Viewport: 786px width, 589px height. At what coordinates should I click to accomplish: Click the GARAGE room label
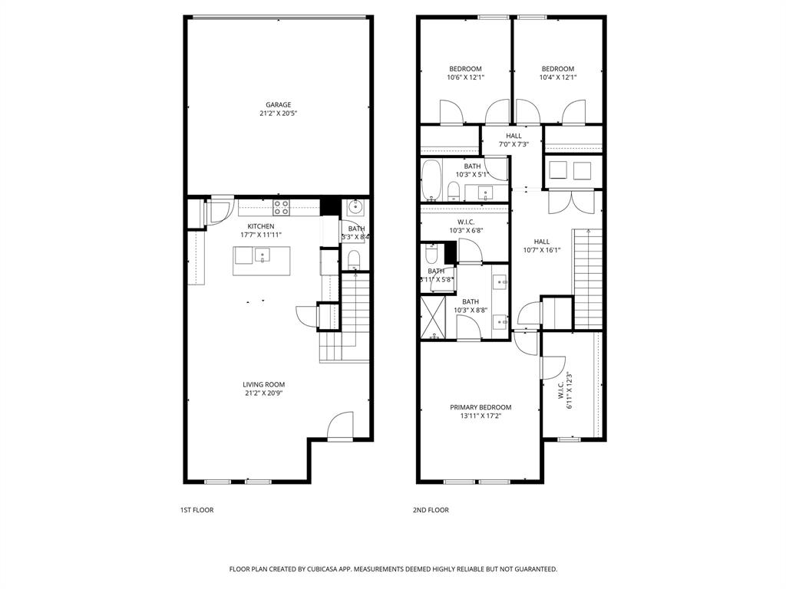[278, 105]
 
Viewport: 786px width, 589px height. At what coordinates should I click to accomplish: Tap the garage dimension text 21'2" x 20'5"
[278, 114]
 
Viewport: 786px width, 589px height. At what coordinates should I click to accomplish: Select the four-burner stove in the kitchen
[282, 206]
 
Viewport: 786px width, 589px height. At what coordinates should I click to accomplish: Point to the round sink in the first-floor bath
[355, 206]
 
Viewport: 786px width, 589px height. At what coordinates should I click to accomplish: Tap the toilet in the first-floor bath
[353, 259]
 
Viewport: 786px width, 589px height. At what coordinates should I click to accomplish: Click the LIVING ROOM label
[263, 385]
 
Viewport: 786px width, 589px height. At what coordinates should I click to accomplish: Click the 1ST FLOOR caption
[196, 510]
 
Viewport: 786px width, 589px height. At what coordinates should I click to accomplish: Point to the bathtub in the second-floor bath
[431, 180]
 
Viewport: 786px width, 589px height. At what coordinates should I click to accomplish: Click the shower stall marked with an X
[434, 318]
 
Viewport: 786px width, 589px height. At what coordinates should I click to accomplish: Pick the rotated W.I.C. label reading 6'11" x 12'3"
[566, 390]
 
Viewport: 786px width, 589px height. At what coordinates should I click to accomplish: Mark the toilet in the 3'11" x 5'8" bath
[431, 255]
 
